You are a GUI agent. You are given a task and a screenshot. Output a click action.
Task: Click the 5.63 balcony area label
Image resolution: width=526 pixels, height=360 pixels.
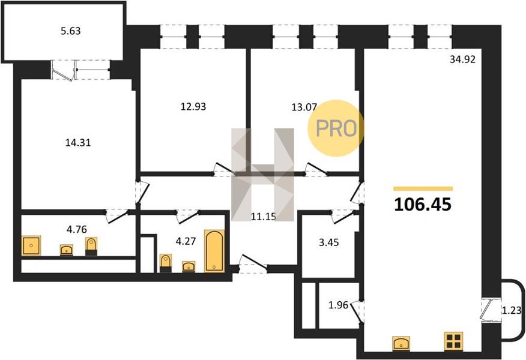(70, 31)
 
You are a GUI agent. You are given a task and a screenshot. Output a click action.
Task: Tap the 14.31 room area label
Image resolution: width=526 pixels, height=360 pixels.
(78, 143)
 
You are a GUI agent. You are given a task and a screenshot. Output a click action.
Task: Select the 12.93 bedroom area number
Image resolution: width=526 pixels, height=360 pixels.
(193, 107)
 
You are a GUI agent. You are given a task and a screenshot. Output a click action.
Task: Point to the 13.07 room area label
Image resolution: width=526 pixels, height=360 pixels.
(304, 107)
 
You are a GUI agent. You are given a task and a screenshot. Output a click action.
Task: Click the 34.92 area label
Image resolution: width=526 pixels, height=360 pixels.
(462, 59)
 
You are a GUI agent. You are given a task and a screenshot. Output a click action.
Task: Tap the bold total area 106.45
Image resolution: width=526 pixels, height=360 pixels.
(423, 204)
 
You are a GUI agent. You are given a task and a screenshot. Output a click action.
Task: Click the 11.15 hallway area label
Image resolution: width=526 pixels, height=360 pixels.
(264, 217)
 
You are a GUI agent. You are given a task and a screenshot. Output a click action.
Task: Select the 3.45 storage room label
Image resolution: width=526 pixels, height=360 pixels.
(329, 242)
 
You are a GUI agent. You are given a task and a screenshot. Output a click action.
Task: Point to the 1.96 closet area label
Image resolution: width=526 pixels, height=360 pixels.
(338, 305)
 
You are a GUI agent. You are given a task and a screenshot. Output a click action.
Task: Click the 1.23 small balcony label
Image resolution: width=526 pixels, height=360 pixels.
(512, 311)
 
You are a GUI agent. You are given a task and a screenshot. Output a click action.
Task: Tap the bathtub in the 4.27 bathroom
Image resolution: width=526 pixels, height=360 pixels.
(214, 251)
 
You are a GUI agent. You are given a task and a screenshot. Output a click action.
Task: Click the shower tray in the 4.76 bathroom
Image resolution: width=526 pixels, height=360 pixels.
(31, 245)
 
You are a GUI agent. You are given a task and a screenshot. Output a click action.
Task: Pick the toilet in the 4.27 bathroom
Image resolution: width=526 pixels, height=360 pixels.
(166, 263)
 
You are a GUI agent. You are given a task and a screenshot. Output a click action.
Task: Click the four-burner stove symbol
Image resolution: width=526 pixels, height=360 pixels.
(453, 341)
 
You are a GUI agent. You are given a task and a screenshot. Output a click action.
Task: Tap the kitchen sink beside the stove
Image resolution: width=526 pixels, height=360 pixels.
(402, 344)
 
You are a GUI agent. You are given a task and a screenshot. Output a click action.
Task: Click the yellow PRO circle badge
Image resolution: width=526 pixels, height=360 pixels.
(336, 128)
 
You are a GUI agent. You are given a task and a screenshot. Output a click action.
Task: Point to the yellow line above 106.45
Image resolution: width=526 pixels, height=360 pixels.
(423, 189)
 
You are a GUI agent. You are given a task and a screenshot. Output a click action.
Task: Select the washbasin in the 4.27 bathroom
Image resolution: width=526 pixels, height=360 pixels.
(189, 266)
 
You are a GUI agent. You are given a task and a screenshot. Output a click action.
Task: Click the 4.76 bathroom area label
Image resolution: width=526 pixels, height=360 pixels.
(77, 229)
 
